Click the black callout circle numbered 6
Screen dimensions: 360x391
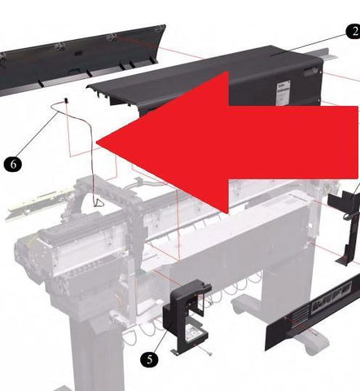point(13,164)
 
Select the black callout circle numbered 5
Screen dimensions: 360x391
point(149,360)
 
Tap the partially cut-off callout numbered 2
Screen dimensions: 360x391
point(353,32)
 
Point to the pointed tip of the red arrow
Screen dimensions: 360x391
point(97,143)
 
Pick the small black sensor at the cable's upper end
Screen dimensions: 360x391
point(65,100)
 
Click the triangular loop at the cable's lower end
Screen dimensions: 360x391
point(99,203)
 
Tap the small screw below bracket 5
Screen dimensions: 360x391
point(209,354)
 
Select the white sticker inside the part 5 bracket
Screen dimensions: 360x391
point(194,332)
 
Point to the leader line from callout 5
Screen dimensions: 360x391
point(163,336)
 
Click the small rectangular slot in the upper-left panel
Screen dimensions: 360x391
point(78,53)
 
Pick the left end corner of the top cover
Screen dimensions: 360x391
point(87,87)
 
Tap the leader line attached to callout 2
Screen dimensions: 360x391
point(310,45)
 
